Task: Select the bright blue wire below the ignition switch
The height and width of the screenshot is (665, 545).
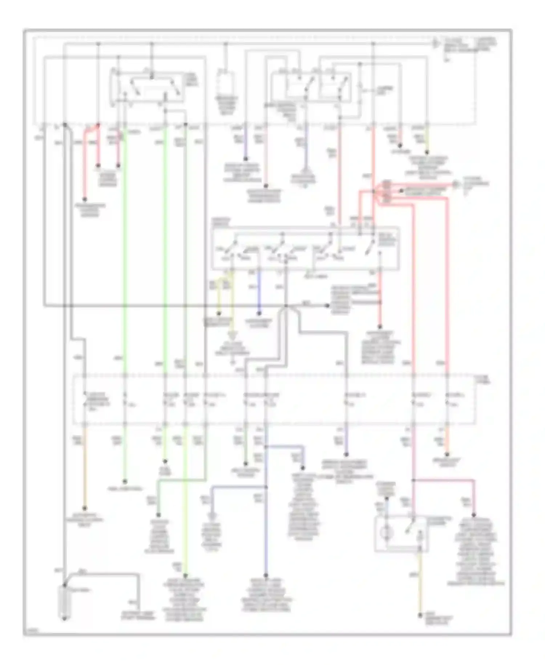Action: coord(259,291)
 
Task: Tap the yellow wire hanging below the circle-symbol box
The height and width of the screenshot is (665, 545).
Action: coord(421,582)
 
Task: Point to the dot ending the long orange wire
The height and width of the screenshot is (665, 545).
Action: coord(85,508)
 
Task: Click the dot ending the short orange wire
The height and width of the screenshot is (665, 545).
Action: coord(447,454)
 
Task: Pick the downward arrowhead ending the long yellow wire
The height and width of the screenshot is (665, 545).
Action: coord(233,335)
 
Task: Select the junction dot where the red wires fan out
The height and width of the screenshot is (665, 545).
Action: coord(374,191)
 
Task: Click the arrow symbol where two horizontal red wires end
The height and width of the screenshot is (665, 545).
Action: coord(455,184)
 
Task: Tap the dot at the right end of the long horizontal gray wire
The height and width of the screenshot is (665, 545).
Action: coord(327,306)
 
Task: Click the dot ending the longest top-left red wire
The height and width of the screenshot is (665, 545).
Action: coord(85,199)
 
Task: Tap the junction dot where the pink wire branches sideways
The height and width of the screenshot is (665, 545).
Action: coord(413,480)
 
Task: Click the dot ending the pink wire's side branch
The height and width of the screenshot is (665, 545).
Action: coord(474,515)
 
